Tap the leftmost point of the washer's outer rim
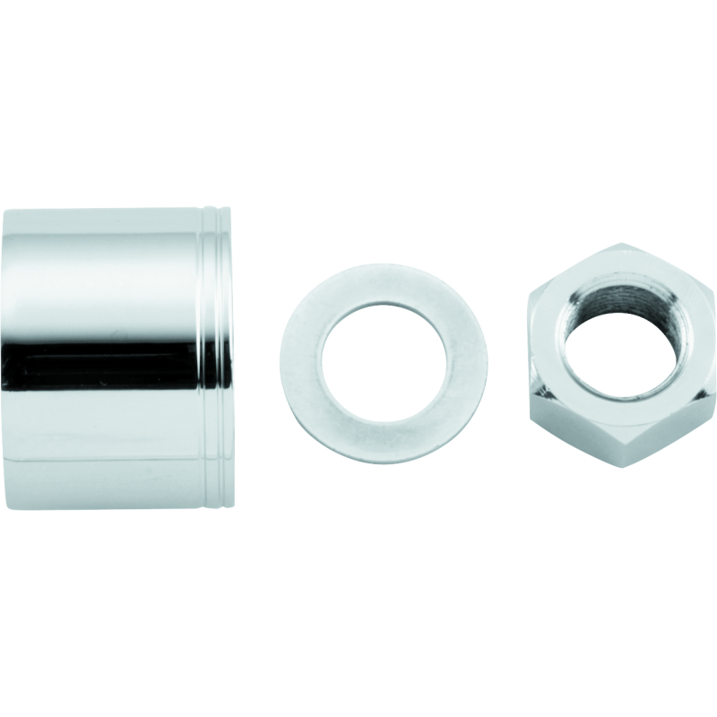281,358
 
